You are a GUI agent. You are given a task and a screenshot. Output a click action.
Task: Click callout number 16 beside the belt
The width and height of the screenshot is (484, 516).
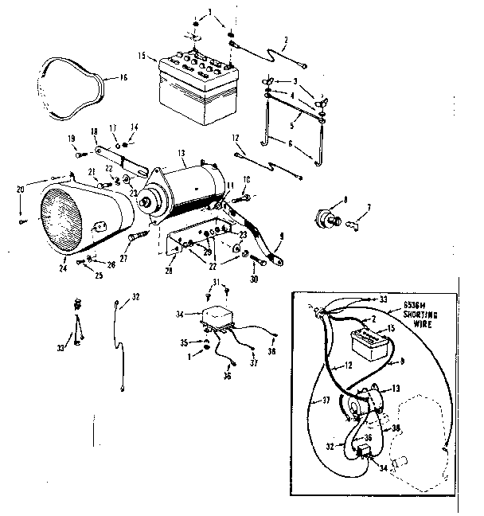[123, 77]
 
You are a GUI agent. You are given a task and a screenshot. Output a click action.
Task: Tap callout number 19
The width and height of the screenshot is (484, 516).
[72, 139]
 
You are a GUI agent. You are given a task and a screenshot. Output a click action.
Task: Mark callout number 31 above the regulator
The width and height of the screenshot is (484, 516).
[214, 283]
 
